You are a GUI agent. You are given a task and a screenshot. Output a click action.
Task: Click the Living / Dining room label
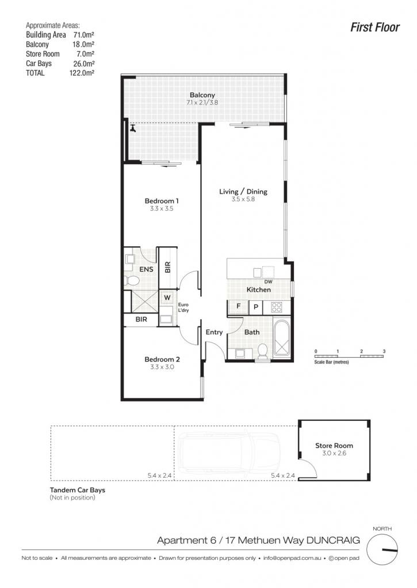[243, 191]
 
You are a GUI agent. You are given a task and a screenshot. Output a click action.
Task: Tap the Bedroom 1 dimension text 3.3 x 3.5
[162, 208]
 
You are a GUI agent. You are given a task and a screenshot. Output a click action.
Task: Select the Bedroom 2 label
[162, 359]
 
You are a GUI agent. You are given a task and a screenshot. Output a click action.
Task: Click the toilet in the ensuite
[131, 280]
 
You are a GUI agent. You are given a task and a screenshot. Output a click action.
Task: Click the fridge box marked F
[238, 307]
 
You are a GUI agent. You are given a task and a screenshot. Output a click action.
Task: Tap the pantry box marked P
[255, 307]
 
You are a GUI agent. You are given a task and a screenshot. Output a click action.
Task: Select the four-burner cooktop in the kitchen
[277, 307]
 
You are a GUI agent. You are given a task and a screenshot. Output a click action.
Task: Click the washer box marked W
[167, 298]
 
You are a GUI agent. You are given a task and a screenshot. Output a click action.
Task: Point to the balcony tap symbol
[133, 128]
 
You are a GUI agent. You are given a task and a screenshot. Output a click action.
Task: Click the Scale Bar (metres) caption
[331, 362]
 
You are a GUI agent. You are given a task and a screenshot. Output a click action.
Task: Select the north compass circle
[382, 550]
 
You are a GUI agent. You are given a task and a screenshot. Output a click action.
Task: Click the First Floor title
[374, 27]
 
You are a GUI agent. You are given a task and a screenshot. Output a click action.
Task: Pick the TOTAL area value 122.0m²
[82, 73]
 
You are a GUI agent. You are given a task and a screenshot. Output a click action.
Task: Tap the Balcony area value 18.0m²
[83, 44]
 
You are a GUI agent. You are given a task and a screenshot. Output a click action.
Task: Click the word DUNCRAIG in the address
[333, 540]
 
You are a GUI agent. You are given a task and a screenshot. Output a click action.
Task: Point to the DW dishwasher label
[268, 281]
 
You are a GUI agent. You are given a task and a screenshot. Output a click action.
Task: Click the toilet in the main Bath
[263, 351]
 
